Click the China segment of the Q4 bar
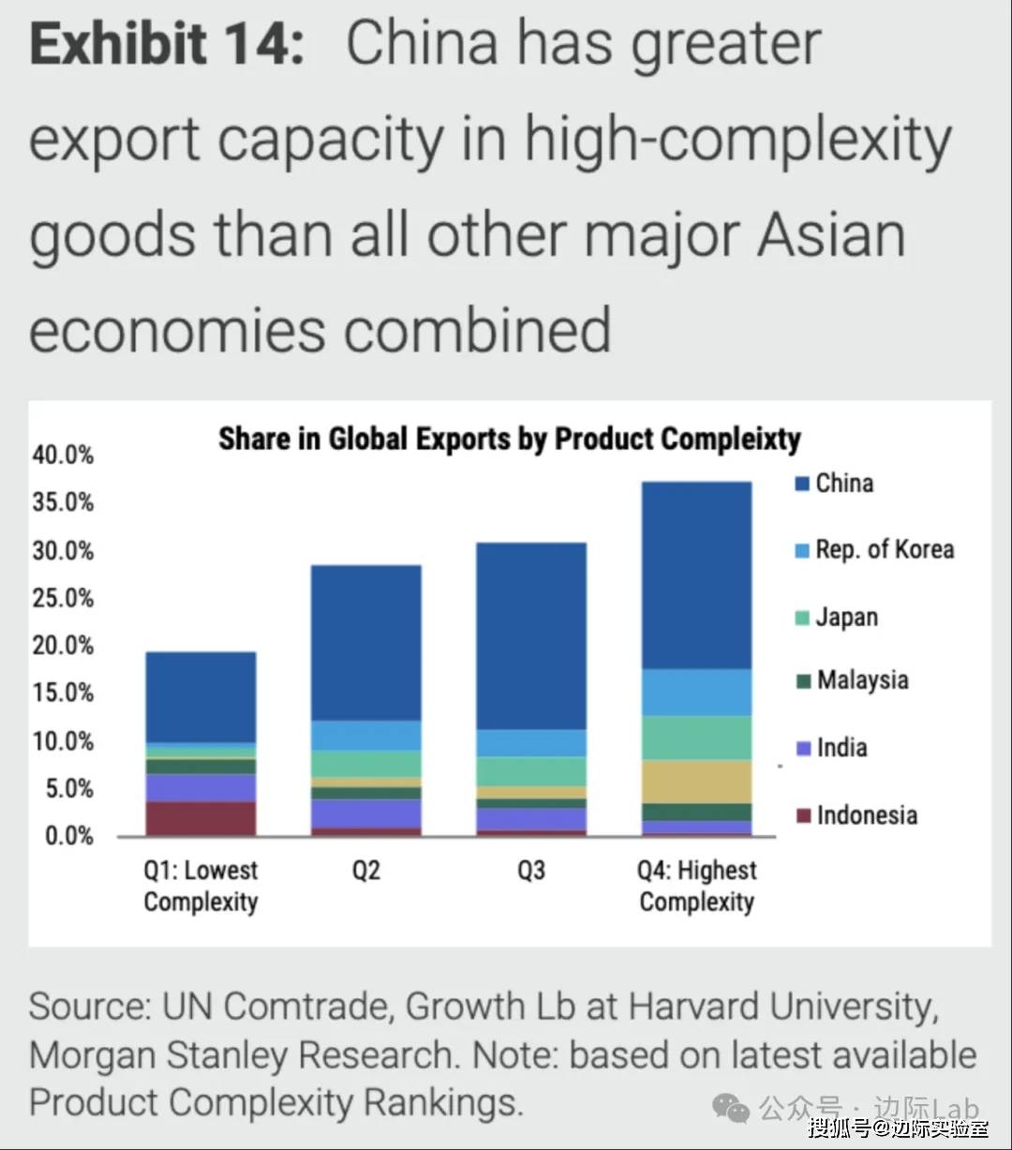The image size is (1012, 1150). tap(696, 575)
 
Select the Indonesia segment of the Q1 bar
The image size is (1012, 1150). tap(201, 817)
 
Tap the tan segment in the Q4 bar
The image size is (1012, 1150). tap(696, 781)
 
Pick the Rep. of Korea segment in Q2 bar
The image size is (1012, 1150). tap(365, 735)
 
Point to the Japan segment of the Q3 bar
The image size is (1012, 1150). tap(531, 770)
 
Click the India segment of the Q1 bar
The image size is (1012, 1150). tap(201, 787)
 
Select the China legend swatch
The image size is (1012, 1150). tap(802, 484)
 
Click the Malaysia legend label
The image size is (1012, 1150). tap(862, 680)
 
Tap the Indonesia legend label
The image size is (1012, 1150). tap(867, 814)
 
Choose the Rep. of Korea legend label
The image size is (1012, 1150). tap(885, 549)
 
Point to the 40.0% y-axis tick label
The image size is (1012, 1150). tap(64, 456)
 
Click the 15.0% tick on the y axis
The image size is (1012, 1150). tap(64, 693)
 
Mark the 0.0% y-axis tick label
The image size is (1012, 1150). tap(69, 835)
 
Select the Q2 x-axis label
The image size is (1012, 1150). tap(365, 871)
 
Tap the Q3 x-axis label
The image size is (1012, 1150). tap(531, 871)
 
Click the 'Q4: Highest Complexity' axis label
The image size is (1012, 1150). tap(696, 886)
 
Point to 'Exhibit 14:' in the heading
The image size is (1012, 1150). tap(167, 43)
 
